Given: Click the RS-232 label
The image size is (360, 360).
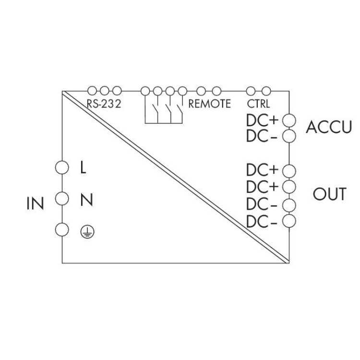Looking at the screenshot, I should click(x=103, y=103).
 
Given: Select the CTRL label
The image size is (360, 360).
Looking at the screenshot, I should click(x=258, y=103).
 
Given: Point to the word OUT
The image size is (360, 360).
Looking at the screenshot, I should click(x=329, y=194).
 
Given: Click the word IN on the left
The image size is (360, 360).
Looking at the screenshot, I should click(x=35, y=204).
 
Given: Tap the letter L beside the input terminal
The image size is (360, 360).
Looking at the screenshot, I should click(x=83, y=168).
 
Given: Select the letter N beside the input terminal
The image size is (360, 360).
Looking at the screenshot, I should click(x=85, y=199).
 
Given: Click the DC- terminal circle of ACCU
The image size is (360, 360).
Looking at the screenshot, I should click(x=289, y=136).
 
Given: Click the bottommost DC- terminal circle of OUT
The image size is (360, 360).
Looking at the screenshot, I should click(x=289, y=220).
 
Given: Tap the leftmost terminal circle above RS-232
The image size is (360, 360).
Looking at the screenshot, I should click(x=92, y=90).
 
